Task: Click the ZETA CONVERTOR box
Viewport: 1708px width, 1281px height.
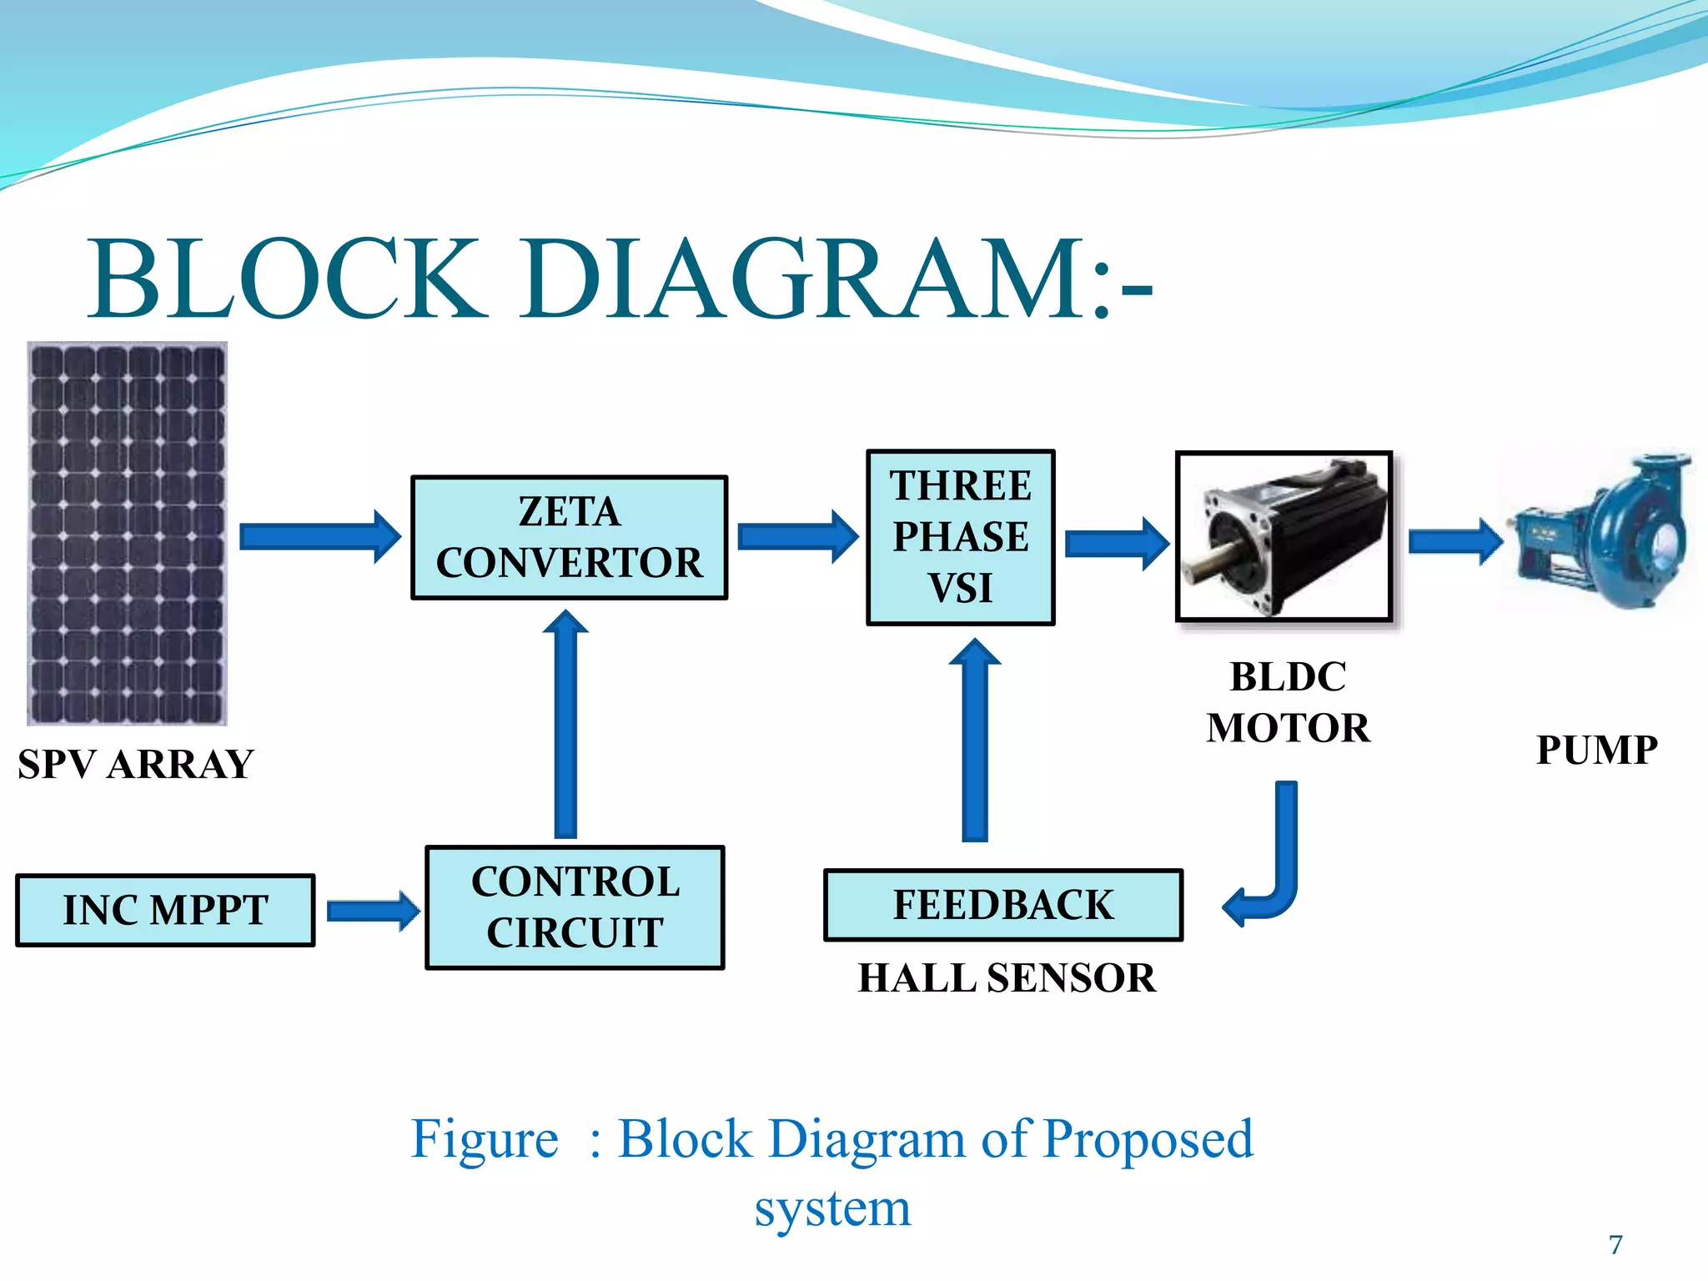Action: (x=569, y=538)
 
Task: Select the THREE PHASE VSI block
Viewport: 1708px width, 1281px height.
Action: (x=961, y=538)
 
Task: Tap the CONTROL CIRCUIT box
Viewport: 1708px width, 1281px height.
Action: (x=575, y=907)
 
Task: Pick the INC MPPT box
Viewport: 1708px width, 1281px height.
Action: (x=165, y=910)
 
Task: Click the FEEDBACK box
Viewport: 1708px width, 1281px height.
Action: (x=1003, y=905)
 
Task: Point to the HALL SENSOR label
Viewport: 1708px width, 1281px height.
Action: (x=1007, y=978)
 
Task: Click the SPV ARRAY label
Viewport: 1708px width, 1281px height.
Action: (x=135, y=765)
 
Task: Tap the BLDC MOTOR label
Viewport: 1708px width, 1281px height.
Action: (x=1288, y=702)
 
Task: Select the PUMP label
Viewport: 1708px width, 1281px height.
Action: (x=1596, y=750)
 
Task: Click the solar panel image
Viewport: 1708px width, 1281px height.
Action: (x=127, y=534)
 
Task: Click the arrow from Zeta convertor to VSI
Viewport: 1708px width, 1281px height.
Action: (x=796, y=537)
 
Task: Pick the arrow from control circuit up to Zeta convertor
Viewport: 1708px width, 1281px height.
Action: (x=565, y=726)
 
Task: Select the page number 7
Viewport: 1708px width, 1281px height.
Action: (x=1615, y=1244)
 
